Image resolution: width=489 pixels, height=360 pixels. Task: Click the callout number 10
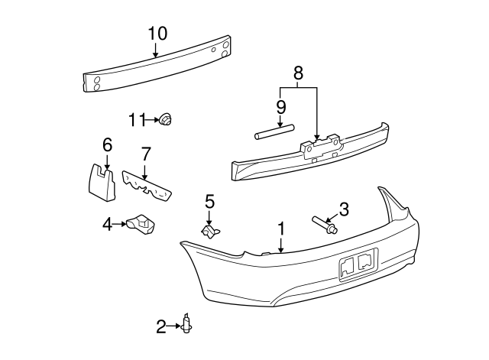click(x=157, y=33)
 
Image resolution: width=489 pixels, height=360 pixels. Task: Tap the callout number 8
click(x=299, y=73)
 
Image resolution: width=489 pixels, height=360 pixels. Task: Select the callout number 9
click(x=280, y=106)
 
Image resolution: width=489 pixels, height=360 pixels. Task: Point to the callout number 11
click(x=138, y=119)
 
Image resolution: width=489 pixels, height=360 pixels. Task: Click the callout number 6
click(x=107, y=144)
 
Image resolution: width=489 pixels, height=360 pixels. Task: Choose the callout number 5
click(x=209, y=202)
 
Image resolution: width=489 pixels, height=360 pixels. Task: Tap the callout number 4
click(x=108, y=223)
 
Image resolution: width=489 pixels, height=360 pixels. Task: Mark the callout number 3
click(x=343, y=208)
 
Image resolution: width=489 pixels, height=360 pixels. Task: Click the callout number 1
click(x=281, y=229)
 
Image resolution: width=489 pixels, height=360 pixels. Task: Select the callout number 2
click(x=161, y=327)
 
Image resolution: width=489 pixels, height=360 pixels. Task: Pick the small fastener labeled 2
click(x=186, y=326)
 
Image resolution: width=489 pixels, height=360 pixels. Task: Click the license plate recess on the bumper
click(x=358, y=264)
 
